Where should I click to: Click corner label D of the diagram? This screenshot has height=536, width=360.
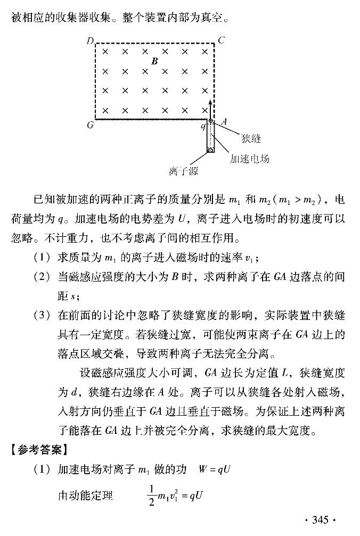[x=90, y=41]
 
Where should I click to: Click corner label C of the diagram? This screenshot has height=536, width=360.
[x=222, y=40]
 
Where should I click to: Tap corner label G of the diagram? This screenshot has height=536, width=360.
[x=90, y=126]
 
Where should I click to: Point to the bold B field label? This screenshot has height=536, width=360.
[x=154, y=61]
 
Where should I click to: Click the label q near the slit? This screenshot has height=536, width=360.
[x=203, y=126]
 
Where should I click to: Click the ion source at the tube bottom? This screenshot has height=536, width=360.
[x=210, y=150]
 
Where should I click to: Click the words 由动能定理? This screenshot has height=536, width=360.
[x=85, y=496]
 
